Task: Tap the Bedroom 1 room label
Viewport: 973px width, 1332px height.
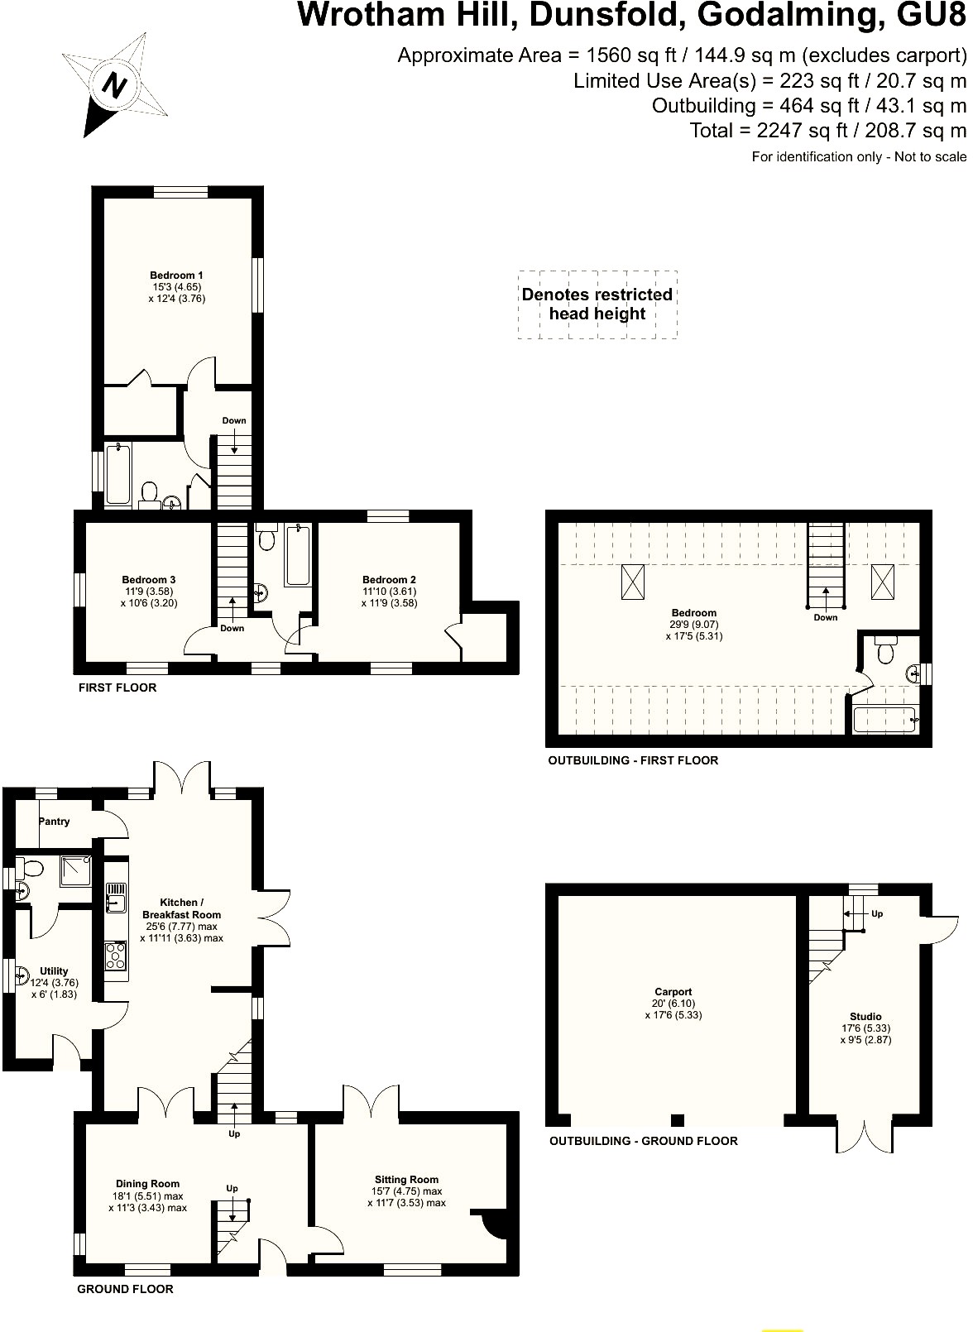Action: click(176, 276)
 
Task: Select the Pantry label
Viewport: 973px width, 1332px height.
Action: click(55, 822)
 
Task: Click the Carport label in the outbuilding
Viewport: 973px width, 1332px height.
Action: click(673, 992)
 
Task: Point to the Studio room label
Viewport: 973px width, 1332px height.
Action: click(865, 1017)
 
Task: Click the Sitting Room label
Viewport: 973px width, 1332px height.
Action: click(406, 1180)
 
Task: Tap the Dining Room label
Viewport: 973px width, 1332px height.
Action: click(147, 1184)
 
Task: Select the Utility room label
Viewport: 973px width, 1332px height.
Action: click(55, 971)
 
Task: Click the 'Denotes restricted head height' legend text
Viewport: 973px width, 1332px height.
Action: click(597, 304)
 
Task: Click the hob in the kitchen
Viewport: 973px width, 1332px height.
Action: click(116, 956)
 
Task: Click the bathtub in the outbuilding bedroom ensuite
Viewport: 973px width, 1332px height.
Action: click(884, 720)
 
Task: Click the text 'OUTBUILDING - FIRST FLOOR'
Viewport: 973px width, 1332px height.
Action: click(633, 760)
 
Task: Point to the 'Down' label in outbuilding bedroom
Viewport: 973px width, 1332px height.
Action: click(825, 617)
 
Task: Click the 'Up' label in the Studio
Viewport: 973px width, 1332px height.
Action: click(877, 914)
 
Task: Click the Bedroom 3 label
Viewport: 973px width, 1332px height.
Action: click(149, 580)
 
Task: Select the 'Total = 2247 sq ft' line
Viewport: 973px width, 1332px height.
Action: click(827, 131)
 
